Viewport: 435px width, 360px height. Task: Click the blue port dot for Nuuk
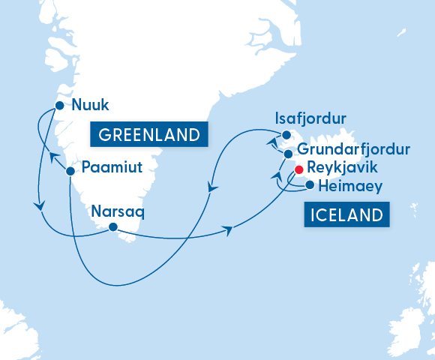(60, 106)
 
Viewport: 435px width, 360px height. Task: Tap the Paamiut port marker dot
(70, 171)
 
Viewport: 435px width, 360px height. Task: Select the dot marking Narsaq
(112, 227)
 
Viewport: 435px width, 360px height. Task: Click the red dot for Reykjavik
(298, 169)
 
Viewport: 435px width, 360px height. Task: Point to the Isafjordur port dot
(286, 136)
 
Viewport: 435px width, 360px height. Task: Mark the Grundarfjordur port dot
(288, 154)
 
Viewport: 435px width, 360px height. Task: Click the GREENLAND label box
(148, 135)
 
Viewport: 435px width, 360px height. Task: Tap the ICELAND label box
(347, 216)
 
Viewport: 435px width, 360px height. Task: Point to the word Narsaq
(115, 211)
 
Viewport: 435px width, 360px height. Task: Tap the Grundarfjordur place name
(353, 149)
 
